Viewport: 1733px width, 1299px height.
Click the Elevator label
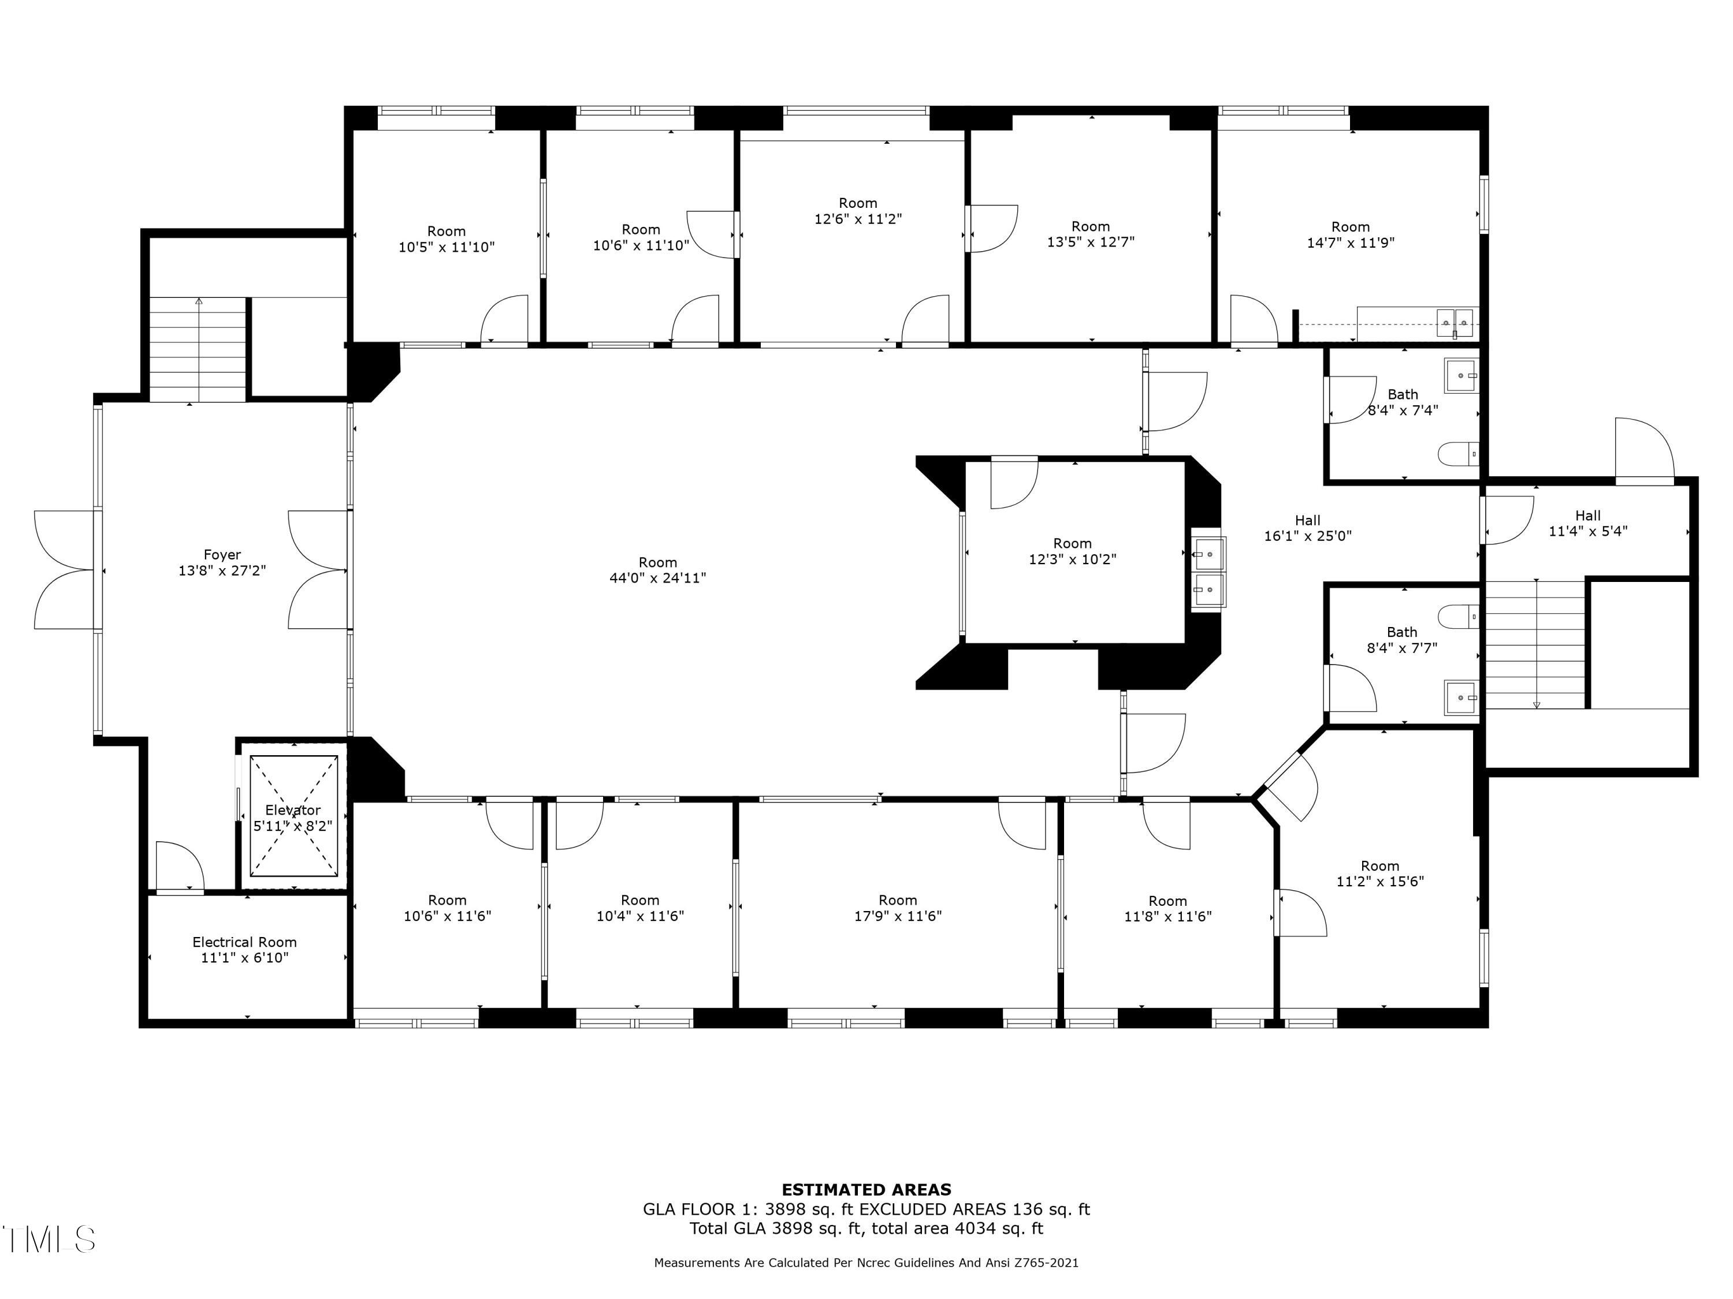(293, 809)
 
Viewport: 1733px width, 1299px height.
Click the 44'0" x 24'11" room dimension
(657, 578)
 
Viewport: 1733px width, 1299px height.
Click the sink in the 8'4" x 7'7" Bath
(1460, 697)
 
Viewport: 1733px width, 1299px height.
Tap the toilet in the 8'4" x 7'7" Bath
(1458, 616)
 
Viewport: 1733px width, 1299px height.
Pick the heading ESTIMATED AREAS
(866, 1190)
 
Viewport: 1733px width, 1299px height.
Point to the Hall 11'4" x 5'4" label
(1587, 523)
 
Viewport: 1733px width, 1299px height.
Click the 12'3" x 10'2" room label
(1072, 551)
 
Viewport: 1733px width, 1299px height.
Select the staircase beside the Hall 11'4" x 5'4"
(1535, 644)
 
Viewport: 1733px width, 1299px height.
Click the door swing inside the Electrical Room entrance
(180, 867)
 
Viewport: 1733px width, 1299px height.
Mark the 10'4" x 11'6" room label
(639, 908)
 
